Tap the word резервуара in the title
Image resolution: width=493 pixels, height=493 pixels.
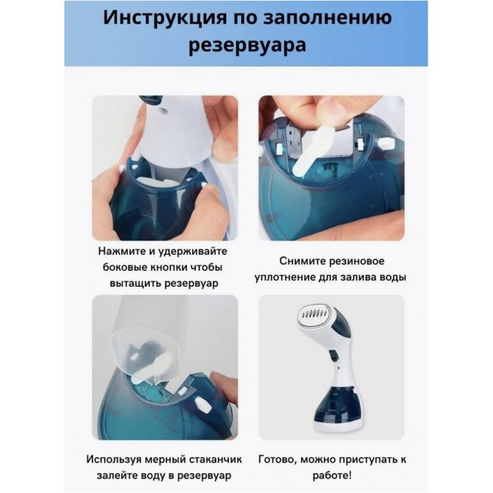tap(247, 46)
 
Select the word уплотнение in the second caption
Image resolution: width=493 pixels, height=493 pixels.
tap(285, 278)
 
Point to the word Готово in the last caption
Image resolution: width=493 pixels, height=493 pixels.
tap(278, 460)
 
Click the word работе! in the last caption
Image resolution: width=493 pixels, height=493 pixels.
tap(331, 476)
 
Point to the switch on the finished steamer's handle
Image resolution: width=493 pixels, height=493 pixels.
tap(334, 355)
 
